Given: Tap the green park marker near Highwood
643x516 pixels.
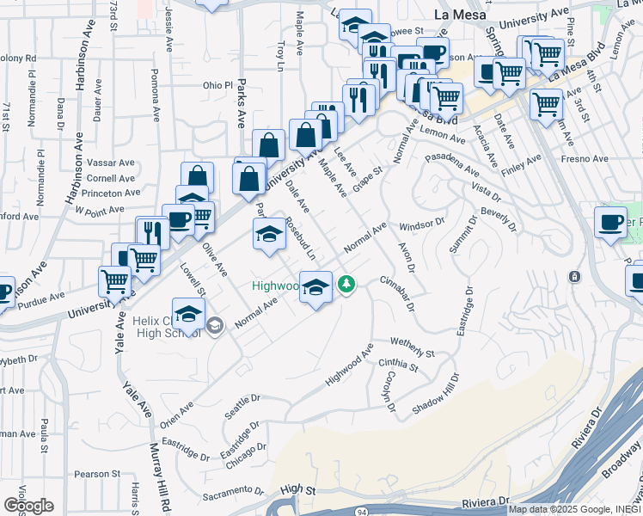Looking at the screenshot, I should pos(346,283).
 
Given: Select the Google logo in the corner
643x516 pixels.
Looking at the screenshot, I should pos(28,506).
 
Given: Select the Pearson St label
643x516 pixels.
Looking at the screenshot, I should pos(97,474).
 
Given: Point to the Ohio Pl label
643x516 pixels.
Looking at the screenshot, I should pos(217,85).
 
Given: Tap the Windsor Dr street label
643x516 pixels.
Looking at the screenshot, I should pos(422,224).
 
